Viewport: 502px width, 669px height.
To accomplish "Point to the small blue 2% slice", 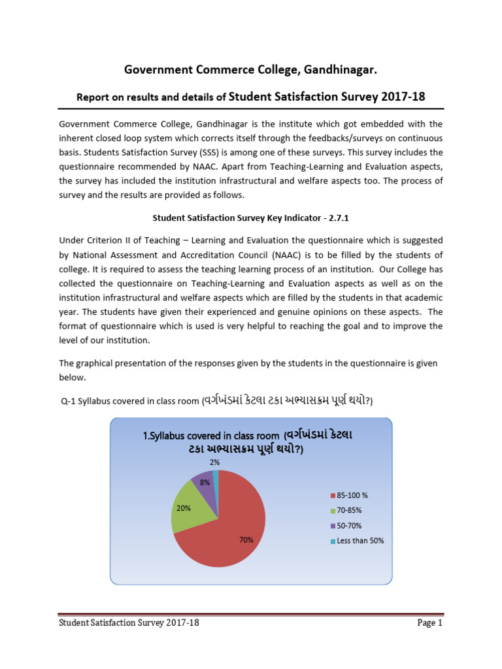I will pyautogui.click(x=216, y=475).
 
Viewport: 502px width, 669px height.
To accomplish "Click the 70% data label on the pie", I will pyautogui.click(x=246, y=540).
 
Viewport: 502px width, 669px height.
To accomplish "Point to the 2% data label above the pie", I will pyautogui.click(x=214, y=462).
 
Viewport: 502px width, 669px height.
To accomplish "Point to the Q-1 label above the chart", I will pyautogui.click(x=69, y=400).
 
